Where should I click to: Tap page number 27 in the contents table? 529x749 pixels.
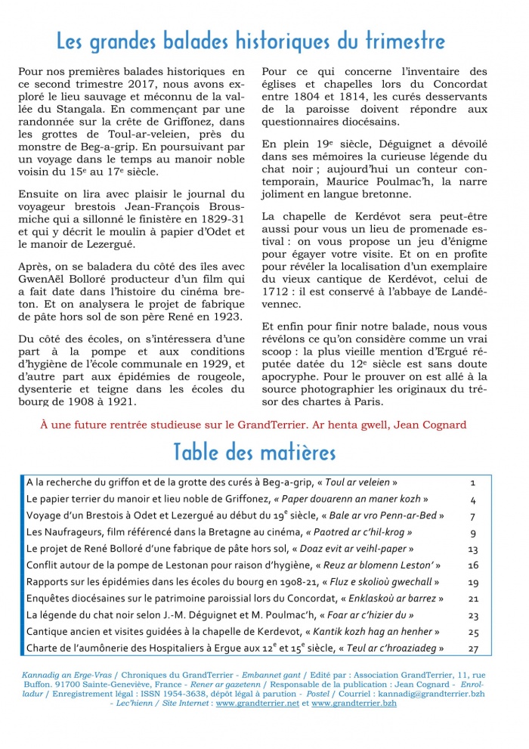[474, 648]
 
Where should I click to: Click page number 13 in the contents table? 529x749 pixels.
[474, 548]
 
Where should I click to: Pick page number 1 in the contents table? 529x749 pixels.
[472, 481]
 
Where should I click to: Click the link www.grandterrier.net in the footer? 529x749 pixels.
[257, 703]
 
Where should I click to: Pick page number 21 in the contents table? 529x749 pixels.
[474, 598]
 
